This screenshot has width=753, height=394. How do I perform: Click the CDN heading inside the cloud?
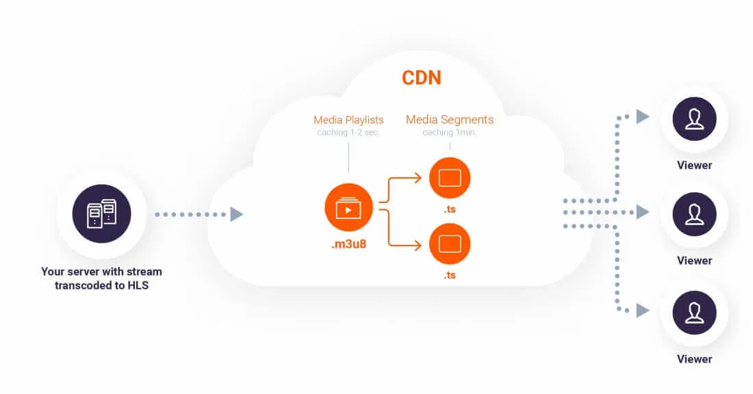tap(421, 77)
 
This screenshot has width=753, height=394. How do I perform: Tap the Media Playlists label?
tap(348, 120)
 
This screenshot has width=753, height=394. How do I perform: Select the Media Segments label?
tap(450, 120)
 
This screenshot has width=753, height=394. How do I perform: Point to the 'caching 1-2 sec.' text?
tap(348, 133)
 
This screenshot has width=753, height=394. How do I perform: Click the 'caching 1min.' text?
tap(450, 132)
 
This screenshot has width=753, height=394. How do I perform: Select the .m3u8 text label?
tap(348, 244)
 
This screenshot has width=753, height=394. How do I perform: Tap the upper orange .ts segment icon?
tap(450, 178)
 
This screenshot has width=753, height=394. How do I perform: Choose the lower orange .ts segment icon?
tap(450, 244)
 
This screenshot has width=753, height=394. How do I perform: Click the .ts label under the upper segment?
tap(450, 209)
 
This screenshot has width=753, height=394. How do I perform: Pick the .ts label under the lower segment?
tap(450, 275)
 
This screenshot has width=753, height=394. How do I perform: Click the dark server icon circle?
tap(101, 214)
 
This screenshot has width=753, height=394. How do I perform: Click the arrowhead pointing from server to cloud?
tap(237, 215)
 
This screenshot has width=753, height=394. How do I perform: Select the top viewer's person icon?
tap(694, 118)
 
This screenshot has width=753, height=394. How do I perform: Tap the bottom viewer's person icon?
tap(694, 312)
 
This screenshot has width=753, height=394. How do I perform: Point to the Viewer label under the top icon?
tap(694, 165)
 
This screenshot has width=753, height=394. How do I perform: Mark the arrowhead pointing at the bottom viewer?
tap(642, 311)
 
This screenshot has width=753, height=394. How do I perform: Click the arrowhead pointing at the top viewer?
tap(642, 117)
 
